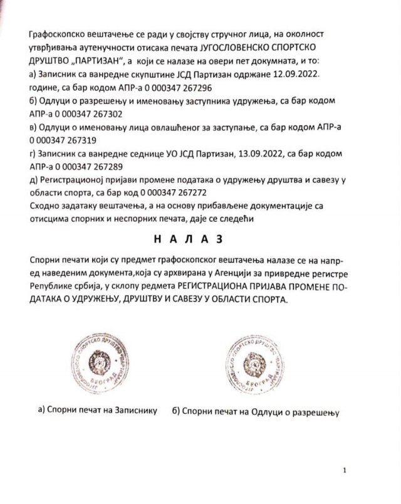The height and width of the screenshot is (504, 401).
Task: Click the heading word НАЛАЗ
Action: pos(200,239)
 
